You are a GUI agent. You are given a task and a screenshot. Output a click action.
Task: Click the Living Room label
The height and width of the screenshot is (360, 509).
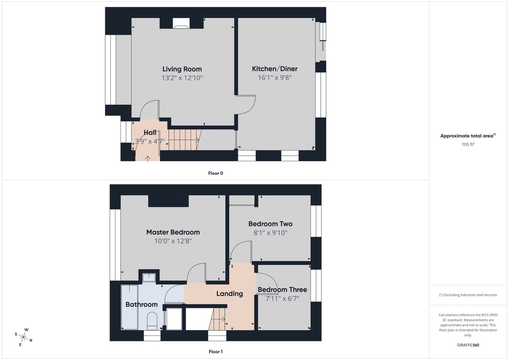(x=182, y=69)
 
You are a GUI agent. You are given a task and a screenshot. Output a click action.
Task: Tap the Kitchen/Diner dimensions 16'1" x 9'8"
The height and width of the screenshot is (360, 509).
(x=274, y=78)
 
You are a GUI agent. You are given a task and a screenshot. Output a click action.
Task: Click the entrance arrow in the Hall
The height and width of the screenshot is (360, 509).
(x=148, y=158)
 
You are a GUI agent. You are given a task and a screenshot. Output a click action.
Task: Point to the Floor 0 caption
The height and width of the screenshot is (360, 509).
(x=215, y=173)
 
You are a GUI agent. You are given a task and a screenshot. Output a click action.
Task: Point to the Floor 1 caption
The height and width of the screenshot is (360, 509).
(x=215, y=352)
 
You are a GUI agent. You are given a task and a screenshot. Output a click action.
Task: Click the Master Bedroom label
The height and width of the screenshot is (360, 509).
(x=173, y=232)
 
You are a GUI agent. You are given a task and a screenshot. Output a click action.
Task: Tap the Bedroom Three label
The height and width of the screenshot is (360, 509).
(x=282, y=290)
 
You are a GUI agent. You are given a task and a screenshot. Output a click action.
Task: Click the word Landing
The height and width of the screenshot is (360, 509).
(x=229, y=293)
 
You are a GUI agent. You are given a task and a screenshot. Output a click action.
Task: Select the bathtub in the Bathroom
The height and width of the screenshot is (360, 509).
(x=129, y=307)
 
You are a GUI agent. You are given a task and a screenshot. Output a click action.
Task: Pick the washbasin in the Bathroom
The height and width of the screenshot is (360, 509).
(x=149, y=278)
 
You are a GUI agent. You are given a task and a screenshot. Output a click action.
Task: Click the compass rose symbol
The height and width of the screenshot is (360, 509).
(x=24, y=338)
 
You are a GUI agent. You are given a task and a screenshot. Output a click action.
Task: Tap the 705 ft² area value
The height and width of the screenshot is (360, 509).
(x=468, y=144)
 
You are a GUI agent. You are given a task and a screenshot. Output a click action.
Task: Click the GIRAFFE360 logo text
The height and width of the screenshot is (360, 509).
(x=468, y=345)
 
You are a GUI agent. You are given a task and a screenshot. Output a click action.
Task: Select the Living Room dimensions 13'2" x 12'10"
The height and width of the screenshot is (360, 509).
(x=182, y=78)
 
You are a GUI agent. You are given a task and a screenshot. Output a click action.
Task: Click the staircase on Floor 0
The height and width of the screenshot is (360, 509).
(x=185, y=140)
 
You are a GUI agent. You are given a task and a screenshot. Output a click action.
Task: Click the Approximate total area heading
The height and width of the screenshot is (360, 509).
(x=467, y=136)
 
